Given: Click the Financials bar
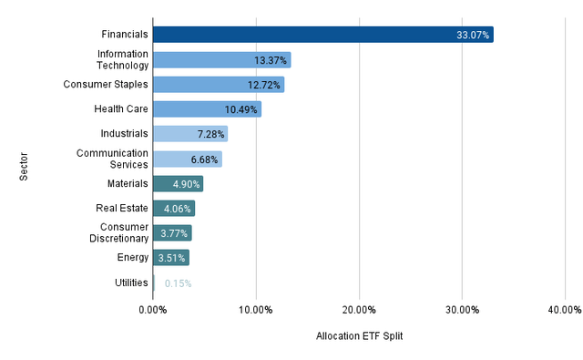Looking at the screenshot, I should point(322,36).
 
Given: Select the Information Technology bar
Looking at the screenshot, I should point(221,60).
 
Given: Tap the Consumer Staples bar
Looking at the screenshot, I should point(218,85).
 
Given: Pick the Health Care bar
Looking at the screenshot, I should point(207,109).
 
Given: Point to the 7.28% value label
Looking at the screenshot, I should point(210,134).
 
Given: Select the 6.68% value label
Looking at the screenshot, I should point(204,159).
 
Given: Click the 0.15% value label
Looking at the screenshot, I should point(178,283).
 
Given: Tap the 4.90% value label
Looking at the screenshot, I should point(186,184).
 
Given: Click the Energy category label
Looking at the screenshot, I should point(133,258).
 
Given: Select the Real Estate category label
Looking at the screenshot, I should point(123,209).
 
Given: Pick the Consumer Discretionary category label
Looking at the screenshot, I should point(124,233).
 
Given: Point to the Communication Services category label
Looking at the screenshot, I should point(112,159).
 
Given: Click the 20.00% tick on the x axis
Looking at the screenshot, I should point(359,309).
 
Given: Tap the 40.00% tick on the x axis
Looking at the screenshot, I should point(565,309).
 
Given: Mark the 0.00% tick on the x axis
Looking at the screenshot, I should point(153,309).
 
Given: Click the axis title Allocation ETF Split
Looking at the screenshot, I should point(359,336).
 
